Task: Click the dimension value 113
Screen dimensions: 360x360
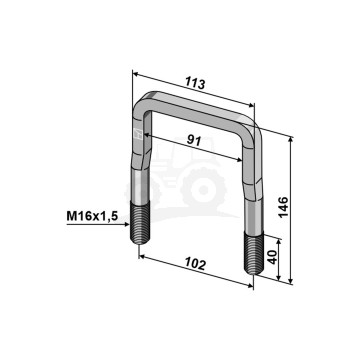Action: pos(195,83)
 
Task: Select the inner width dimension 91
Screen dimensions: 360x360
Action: pos(193,141)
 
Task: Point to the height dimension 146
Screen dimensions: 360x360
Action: pos(283,207)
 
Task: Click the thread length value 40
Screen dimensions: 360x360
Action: pos(273,258)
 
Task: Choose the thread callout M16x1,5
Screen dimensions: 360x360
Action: pos(92,217)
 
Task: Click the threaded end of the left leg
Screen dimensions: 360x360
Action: pos(140,223)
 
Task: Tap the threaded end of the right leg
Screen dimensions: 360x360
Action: pos(254,253)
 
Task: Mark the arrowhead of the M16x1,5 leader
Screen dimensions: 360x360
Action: pos(126,224)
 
